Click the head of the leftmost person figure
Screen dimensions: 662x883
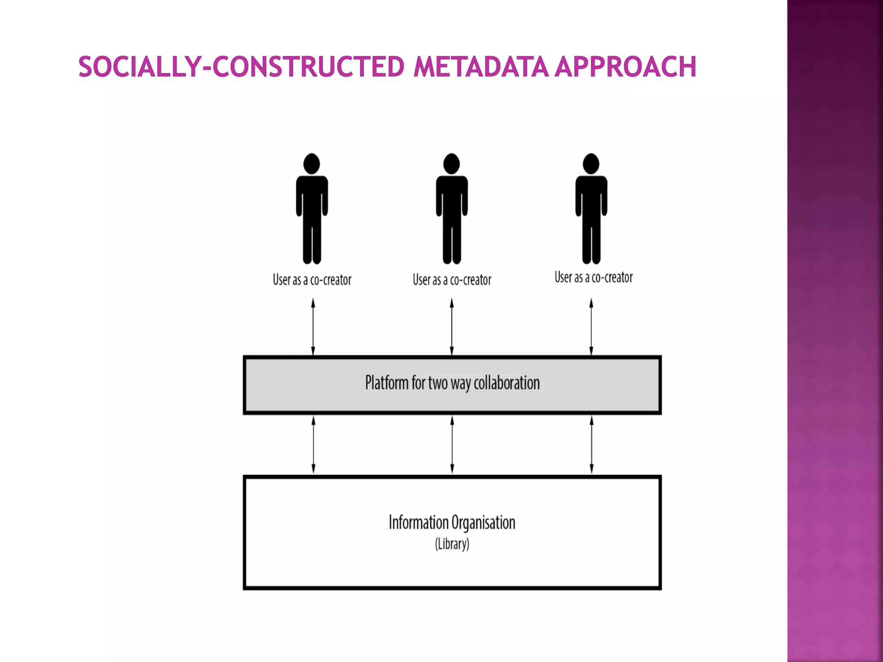click(x=312, y=164)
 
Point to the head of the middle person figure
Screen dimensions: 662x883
click(x=451, y=164)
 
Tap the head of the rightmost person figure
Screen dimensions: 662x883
click(x=591, y=164)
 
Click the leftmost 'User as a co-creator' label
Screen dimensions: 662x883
click(x=312, y=280)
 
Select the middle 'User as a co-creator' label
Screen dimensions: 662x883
click(x=452, y=280)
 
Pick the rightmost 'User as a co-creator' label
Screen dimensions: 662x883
click(x=594, y=278)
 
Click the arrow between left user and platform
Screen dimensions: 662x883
click(x=313, y=327)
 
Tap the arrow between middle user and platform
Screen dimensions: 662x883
click(x=452, y=327)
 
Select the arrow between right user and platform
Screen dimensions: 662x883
click(x=591, y=327)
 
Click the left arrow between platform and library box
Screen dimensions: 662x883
click(x=313, y=445)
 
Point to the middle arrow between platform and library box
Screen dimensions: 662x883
click(x=452, y=445)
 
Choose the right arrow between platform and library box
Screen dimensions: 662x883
click(x=592, y=445)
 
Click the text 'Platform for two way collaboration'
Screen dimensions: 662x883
click(x=452, y=383)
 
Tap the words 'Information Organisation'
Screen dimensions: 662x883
click(x=452, y=523)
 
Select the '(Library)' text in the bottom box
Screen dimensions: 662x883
click(x=452, y=544)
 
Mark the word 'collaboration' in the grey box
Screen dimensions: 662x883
click(x=507, y=383)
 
